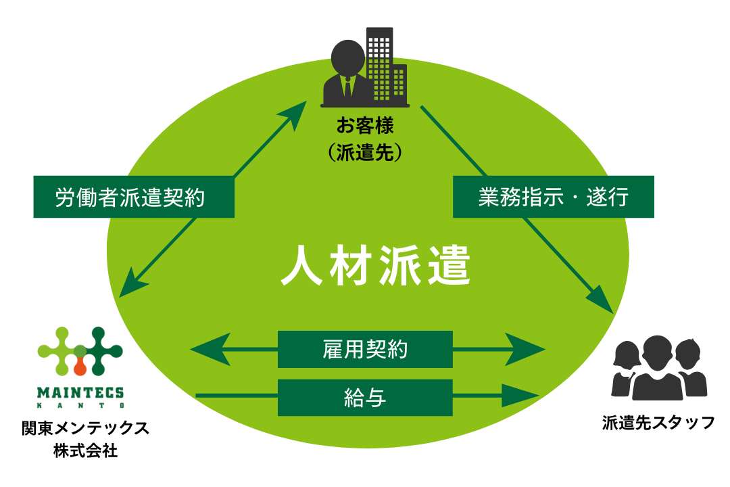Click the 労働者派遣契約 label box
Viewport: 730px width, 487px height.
(133, 198)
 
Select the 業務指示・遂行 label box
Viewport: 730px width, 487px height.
(553, 197)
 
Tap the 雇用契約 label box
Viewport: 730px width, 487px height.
(364, 349)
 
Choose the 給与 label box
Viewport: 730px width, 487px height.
(364, 398)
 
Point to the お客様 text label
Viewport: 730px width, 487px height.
(365, 126)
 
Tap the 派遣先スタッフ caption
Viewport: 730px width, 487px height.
(658, 423)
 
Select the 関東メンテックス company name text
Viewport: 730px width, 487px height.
(85, 428)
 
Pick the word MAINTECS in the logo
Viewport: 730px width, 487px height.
(80, 392)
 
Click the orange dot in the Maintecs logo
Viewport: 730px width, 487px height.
(80, 367)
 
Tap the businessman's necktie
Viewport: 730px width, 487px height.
(347, 87)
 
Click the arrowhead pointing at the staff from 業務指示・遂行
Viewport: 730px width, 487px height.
(603, 301)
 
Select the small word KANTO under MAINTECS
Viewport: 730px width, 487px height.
(80, 405)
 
